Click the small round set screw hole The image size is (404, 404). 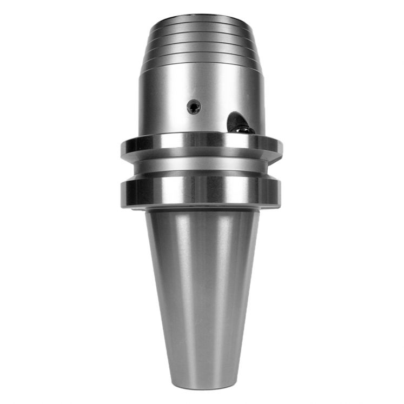194,107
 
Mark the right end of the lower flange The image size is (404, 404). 280,193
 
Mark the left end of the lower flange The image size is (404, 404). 122,193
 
